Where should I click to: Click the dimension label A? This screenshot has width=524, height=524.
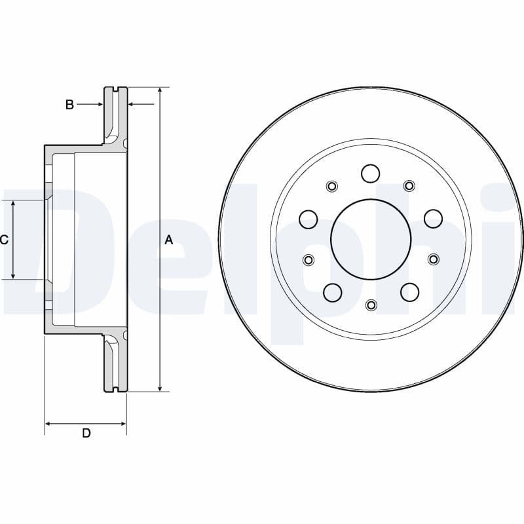point(168,240)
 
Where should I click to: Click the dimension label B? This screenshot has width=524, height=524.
point(69,104)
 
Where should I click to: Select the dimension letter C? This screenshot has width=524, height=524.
point(4,240)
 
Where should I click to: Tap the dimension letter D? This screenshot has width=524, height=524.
point(86,434)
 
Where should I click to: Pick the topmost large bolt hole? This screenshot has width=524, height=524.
point(371,174)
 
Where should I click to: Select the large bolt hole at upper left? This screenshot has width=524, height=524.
point(309,219)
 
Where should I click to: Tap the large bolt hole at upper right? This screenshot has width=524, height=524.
point(433,219)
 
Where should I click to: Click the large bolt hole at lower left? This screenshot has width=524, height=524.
point(332,292)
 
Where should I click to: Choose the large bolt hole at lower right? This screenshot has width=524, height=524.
point(409,292)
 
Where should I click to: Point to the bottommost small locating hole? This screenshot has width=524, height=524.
point(371,305)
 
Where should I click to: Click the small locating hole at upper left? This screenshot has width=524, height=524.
point(332,186)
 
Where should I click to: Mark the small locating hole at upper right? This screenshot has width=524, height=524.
point(409,186)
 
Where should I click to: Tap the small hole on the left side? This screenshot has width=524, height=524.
point(309,260)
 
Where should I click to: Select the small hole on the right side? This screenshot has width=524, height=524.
point(433,260)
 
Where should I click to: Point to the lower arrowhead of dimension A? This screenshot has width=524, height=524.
point(159,387)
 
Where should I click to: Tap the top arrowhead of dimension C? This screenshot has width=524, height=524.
point(13,206)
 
